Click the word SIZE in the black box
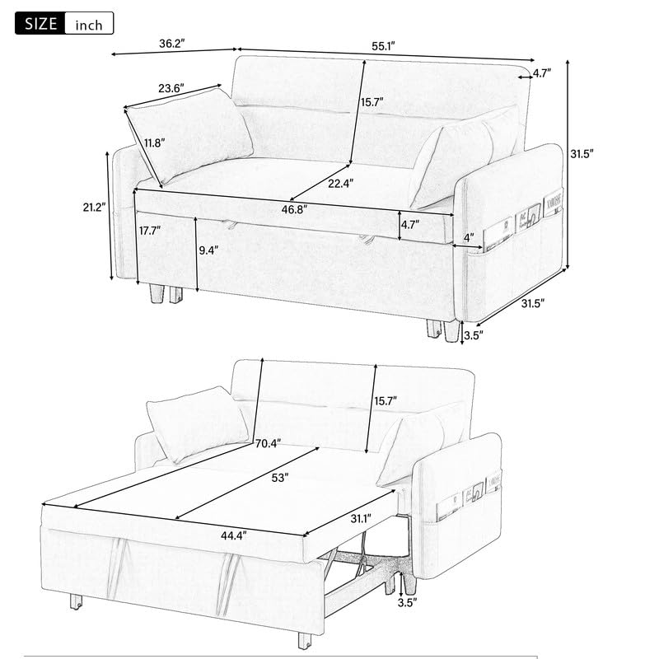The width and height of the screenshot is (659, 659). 40,23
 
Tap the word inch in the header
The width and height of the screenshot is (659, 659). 89,25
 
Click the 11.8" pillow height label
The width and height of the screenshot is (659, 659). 154,143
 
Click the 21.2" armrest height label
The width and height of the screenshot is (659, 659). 91,208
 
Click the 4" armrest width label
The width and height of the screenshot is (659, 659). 470,239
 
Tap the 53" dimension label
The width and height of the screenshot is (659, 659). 280,479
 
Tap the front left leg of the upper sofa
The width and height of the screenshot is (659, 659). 156,293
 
